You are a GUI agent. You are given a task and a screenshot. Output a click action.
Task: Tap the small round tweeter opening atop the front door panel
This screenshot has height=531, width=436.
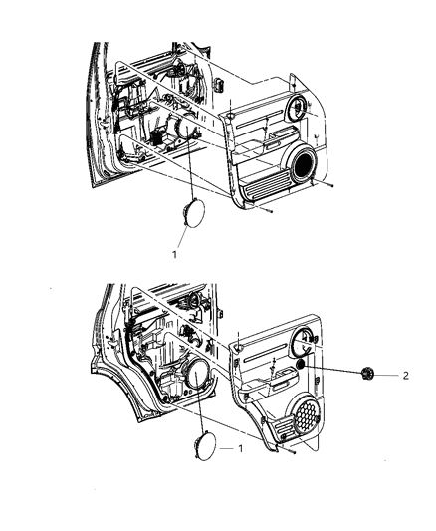[x=297, y=107]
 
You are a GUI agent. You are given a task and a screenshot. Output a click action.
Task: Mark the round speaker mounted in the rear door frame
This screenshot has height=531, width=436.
[x=193, y=376]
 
